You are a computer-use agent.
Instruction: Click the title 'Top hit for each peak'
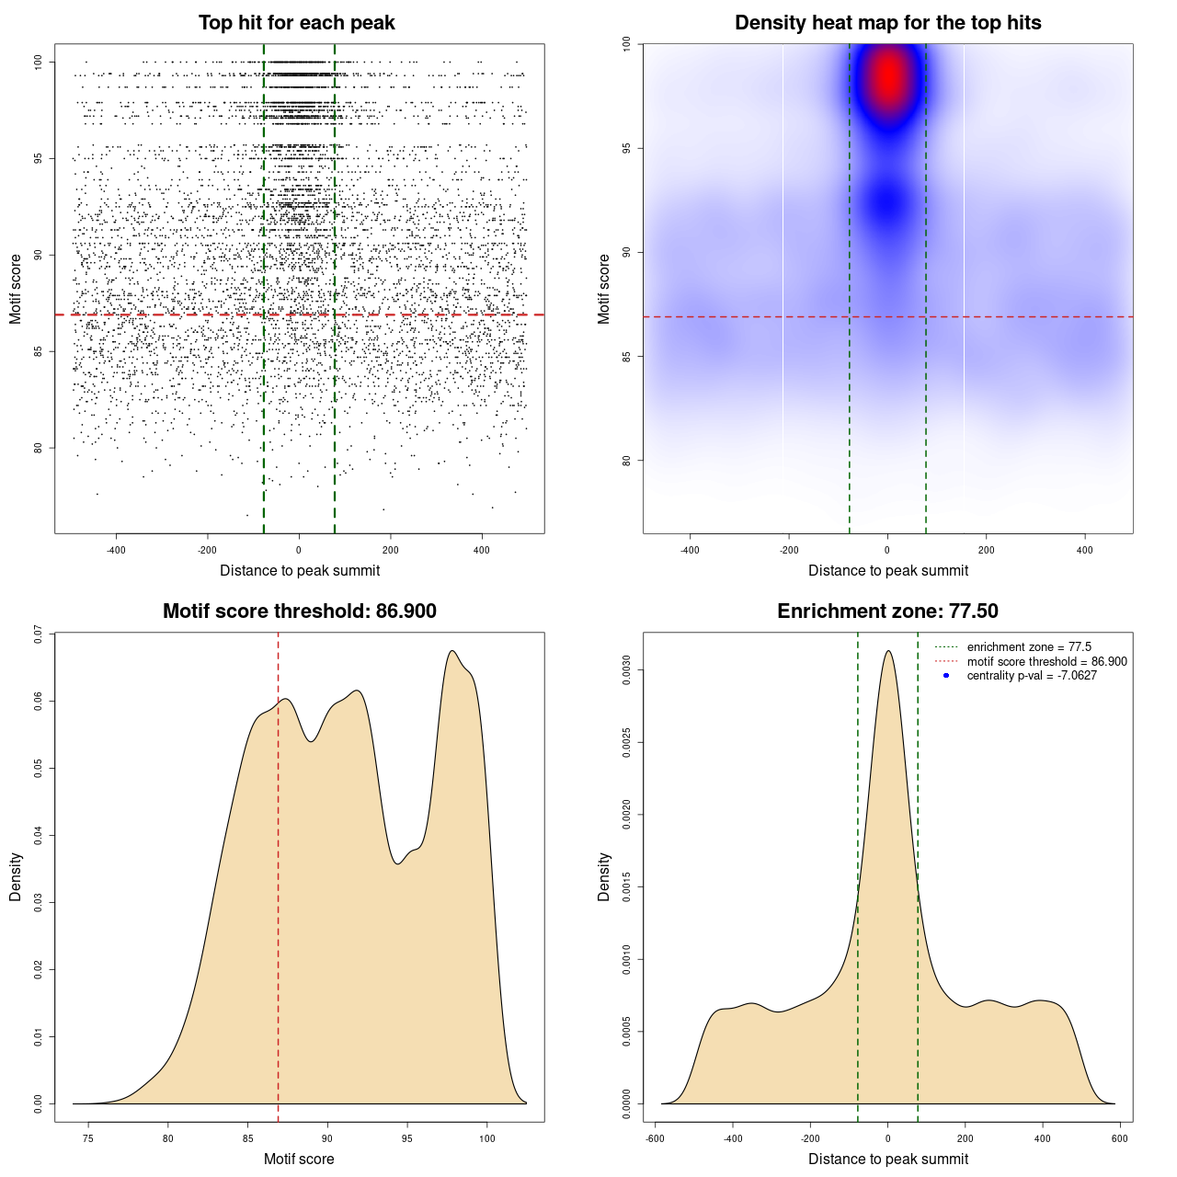pyautogui.click(x=297, y=23)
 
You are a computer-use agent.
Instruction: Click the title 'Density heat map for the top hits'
pyautogui.click(x=887, y=23)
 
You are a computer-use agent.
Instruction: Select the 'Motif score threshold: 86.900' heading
pyautogui.click(x=299, y=611)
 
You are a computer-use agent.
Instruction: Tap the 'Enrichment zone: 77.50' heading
pyautogui.click(x=887, y=611)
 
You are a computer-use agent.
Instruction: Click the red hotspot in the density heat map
pyautogui.click(x=888, y=78)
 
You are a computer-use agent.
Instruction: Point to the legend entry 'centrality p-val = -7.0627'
pyautogui.click(x=1031, y=676)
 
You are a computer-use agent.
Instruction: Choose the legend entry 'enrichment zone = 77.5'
pyautogui.click(x=1028, y=647)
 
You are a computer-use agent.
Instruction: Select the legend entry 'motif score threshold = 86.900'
pyautogui.click(x=1046, y=661)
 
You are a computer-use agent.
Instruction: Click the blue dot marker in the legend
pyautogui.click(x=946, y=676)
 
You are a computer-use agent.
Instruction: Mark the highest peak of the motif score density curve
pyautogui.click(x=452, y=651)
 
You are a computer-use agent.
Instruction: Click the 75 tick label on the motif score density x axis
pyautogui.click(x=88, y=1138)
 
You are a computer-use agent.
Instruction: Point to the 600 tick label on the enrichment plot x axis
pyautogui.click(x=1119, y=1138)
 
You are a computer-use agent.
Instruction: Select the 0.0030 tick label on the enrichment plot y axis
pyautogui.click(x=626, y=670)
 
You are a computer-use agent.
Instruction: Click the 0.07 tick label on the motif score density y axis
pyautogui.click(x=38, y=634)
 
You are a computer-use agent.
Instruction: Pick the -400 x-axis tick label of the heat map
pyautogui.click(x=690, y=550)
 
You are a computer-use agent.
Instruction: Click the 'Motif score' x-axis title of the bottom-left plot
pyautogui.click(x=299, y=1159)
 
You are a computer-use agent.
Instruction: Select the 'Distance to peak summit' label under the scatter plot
pyautogui.click(x=300, y=570)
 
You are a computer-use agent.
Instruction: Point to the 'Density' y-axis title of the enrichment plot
pyautogui.click(x=604, y=876)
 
